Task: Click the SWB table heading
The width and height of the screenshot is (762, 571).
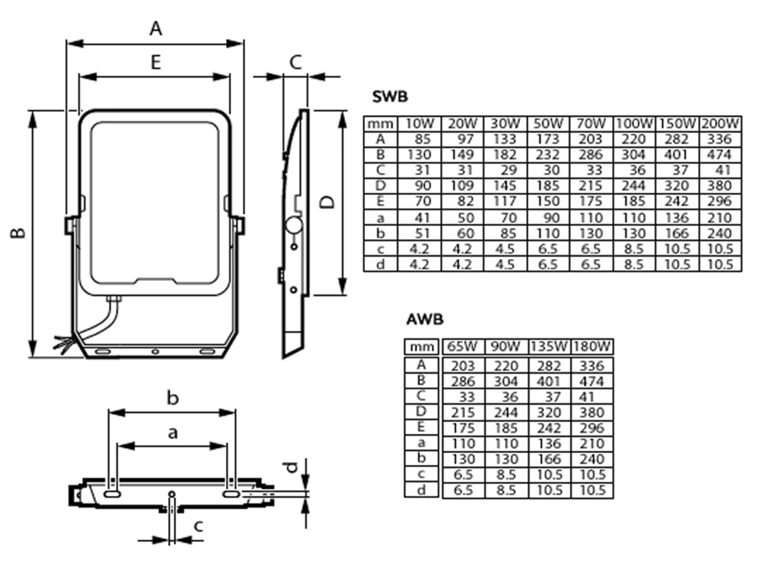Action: pos(390,97)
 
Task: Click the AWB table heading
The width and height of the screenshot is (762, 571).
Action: pos(424,319)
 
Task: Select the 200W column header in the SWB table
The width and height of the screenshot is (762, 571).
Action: pos(720,124)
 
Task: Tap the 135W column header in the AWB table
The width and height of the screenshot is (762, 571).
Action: pos(549,347)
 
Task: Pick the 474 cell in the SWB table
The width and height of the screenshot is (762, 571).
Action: pos(719,155)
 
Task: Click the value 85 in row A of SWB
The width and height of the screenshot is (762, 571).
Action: pos(422,139)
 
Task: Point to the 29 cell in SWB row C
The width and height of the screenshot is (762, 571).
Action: pos(508,170)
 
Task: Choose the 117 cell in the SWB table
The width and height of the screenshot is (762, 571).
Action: pos(505,201)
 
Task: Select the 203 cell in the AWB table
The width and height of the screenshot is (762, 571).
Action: pos(462,366)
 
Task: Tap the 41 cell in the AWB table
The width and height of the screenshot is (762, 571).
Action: pos(587,397)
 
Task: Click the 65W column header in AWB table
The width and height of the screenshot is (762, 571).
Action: pos(461,347)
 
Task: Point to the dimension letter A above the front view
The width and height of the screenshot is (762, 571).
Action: pos(156,29)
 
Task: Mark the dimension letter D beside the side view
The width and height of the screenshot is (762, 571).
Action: pos(327,203)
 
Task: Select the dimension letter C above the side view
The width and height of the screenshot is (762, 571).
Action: pos(296,62)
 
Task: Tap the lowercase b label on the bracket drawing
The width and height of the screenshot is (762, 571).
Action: pos(172,398)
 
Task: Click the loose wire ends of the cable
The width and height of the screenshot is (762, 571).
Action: pos(62,344)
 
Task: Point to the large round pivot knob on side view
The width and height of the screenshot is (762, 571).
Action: pos(294,225)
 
